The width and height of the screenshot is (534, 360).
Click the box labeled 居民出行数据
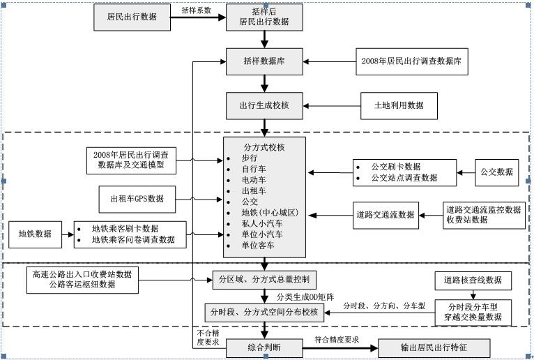pyautogui.click(x=132, y=17)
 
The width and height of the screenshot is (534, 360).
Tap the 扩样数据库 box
pyautogui.click(x=264, y=61)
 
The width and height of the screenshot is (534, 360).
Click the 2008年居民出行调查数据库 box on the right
pyautogui.click(x=411, y=61)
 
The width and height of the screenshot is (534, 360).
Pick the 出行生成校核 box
pyautogui.click(x=264, y=105)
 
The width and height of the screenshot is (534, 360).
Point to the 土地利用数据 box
pyautogui.click(x=399, y=105)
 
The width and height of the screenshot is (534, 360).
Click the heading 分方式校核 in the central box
pyautogui.click(x=264, y=147)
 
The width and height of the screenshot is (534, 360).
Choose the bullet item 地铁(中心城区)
pyautogui.click(x=270, y=212)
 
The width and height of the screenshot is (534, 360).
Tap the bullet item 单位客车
pyautogui.click(x=258, y=246)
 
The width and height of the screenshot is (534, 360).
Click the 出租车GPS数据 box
pyautogui.click(x=137, y=199)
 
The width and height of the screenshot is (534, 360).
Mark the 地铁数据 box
pyautogui.click(x=35, y=234)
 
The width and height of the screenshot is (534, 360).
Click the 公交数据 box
pyautogui.click(x=496, y=172)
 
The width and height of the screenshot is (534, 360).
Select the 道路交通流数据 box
pyautogui.click(x=386, y=215)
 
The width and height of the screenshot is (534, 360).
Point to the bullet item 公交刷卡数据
pyautogui.click(x=395, y=167)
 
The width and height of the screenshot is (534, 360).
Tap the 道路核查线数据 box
pyautogui.click(x=473, y=281)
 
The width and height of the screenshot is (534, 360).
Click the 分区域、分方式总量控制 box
pyautogui.click(x=264, y=280)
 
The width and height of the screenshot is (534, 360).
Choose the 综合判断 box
pyautogui.click(x=264, y=346)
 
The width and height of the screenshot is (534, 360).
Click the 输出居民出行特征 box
pyautogui.click(x=423, y=347)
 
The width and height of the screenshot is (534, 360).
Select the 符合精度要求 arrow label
pyautogui.click(x=337, y=340)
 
